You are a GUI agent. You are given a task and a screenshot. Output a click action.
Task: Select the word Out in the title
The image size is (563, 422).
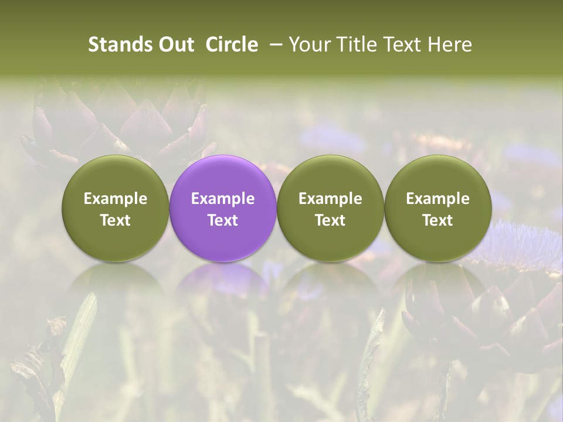coord(174,45)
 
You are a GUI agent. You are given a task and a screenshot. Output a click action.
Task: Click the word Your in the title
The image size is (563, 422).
coord(307,45)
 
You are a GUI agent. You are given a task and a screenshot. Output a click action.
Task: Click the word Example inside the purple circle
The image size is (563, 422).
coord(223,199)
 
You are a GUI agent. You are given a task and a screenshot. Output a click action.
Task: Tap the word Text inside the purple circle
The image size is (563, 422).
coord(223,220)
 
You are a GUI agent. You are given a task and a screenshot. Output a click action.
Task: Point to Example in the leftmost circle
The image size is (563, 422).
coord(116,199)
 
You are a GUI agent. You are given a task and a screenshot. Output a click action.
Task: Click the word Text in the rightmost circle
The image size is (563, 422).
coord(437,220)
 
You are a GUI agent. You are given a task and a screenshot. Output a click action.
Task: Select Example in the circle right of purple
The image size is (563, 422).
coord(330,199)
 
